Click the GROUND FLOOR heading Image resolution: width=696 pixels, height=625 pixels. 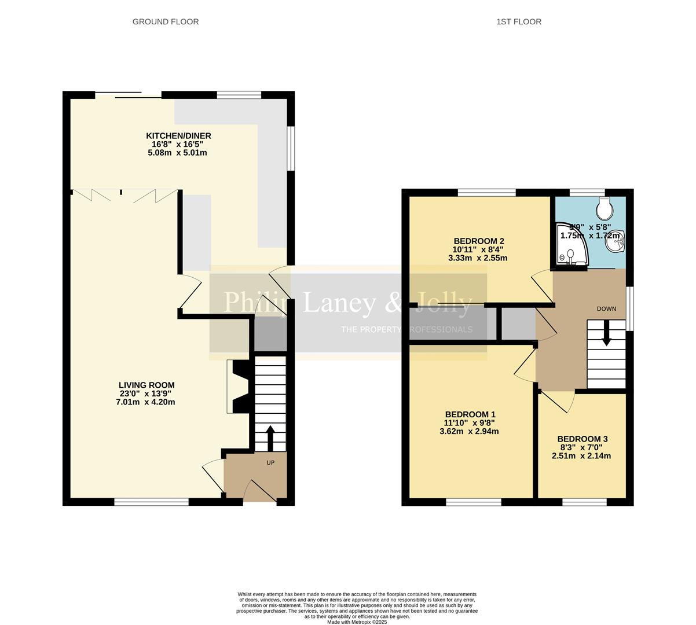pos(166,22)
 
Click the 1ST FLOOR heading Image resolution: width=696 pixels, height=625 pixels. pos(519,22)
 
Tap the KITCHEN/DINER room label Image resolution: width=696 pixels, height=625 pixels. pos(178,136)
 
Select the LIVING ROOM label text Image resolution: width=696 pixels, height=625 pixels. pos(146,385)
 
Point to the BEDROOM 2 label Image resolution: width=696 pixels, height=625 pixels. pos(479,241)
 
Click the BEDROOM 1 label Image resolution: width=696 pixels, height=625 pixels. pos(470,414)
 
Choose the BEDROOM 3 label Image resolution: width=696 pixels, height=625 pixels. pos(582,439)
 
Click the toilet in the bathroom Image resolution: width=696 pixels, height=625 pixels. pos(604,205)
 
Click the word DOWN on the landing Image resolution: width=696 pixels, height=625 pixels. pos(606,308)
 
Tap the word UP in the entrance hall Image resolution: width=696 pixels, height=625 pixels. pos(270,462)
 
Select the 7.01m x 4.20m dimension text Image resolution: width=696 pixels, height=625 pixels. pos(145,402)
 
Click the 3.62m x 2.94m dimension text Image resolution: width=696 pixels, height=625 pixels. pos(469,431)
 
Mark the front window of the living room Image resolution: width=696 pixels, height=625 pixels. pos(151,502)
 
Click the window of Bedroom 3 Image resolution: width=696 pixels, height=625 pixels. pos(584,502)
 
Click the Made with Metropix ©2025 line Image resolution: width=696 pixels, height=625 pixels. pos(357,622)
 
